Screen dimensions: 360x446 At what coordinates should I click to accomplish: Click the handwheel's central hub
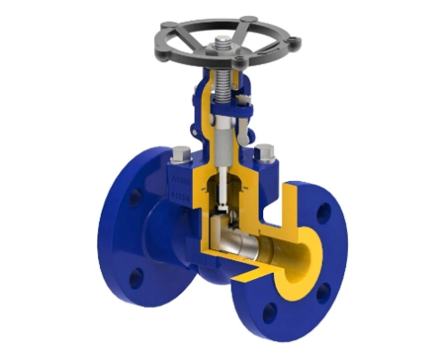(221, 50)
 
